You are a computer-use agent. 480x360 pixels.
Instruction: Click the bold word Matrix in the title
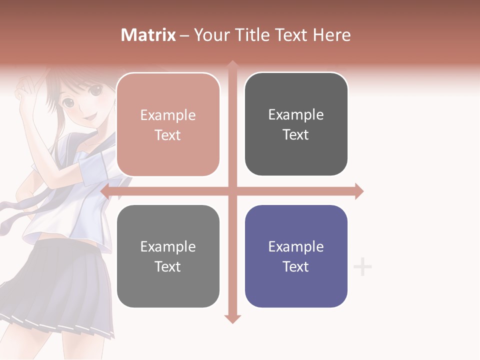click(x=148, y=35)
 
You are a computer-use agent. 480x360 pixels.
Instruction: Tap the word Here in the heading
click(x=331, y=35)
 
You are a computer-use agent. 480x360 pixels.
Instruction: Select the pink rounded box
click(x=168, y=125)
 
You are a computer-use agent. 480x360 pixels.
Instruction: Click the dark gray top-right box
click(x=296, y=124)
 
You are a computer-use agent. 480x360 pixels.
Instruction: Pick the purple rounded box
click(x=296, y=256)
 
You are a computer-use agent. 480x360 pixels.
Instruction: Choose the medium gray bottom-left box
click(x=168, y=256)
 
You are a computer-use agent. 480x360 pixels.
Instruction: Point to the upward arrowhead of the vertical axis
click(x=232, y=64)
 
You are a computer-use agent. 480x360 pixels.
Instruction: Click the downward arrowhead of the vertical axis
click(x=232, y=318)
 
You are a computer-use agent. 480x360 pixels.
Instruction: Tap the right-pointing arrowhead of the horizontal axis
click(x=358, y=191)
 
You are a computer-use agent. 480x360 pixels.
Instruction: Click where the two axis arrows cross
click(x=232, y=191)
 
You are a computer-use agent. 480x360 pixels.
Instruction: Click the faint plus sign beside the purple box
click(x=362, y=267)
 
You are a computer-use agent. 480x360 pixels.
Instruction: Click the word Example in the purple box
click(x=296, y=246)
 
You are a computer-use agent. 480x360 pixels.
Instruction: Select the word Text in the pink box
click(x=168, y=135)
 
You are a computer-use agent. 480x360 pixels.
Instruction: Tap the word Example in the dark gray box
click(x=296, y=114)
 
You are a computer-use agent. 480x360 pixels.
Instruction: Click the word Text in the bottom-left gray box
click(x=168, y=266)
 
